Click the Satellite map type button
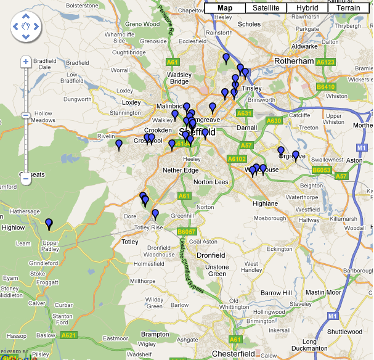266,8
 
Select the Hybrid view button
307,8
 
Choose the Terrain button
349,8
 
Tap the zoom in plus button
26,62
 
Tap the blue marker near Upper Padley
49,223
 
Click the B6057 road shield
186,231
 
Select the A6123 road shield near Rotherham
325,62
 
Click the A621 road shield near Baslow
69,335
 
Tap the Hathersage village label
24,211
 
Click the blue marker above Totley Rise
155,214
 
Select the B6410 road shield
326,87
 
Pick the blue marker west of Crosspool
119,144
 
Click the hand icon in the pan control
26,27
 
